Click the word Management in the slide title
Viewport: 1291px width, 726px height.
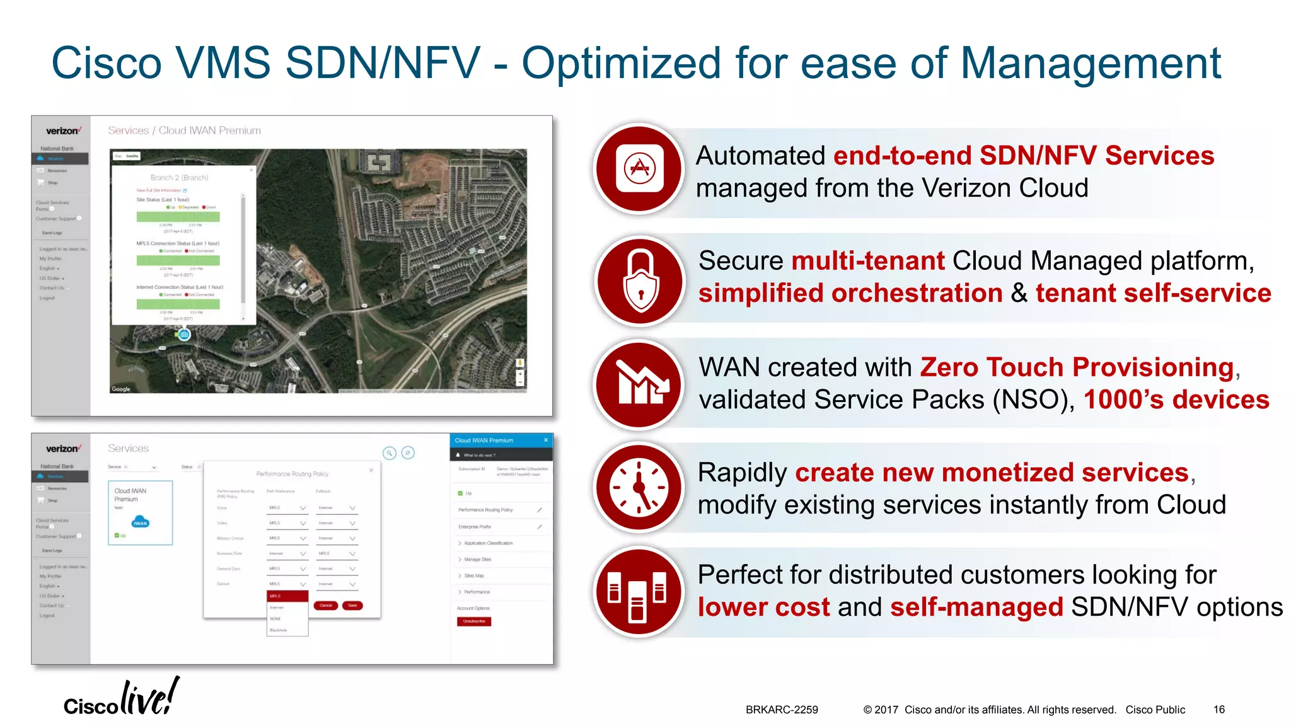[1091, 63]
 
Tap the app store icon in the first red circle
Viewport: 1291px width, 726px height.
[639, 168]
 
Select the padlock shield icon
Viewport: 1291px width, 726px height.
[640, 280]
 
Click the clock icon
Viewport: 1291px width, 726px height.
[639, 487]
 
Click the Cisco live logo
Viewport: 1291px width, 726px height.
[121, 698]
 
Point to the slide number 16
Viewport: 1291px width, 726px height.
[1219, 710]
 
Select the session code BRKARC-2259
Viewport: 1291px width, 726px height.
[782, 710]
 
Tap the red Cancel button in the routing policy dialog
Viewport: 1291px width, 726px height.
[325, 605]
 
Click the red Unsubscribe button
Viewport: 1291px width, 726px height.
[474, 621]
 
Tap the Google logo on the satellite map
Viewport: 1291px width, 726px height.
[121, 389]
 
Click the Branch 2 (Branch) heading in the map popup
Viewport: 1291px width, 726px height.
[179, 178]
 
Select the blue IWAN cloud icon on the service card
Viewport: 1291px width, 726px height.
[140, 522]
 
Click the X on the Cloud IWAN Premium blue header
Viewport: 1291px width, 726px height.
[546, 440]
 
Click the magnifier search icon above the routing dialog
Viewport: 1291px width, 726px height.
[390, 452]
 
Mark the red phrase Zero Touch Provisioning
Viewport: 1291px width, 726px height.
[1077, 367]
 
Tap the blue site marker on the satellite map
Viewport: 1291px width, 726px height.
[184, 335]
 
